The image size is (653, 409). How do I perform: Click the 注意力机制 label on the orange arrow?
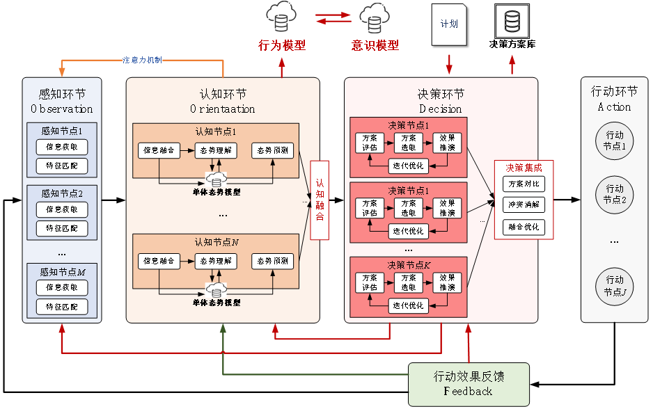[142, 61]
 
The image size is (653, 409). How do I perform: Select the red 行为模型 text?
[282, 45]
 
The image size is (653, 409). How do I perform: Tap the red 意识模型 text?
[375, 45]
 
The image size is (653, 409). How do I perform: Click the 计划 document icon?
[449, 24]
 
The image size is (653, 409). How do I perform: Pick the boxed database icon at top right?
[512, 22]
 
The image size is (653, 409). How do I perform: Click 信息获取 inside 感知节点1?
[62, 147]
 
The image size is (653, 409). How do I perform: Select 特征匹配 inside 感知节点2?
[62, 228]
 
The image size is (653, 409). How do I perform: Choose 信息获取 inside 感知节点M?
[62, 287]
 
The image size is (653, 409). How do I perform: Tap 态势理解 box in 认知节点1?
[216, 150]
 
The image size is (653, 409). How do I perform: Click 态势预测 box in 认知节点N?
[273, 262]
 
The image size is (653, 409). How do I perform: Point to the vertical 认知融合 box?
[320, 200]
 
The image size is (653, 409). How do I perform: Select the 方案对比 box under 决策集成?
[524, 184]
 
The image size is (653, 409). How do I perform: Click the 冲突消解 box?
[524, 205]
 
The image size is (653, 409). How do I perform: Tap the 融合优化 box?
[524, 227]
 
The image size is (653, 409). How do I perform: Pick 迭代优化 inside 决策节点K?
[408, 306]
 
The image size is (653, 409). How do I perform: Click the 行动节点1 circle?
[615, 141]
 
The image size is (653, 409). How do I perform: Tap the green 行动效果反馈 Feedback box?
[468, 384]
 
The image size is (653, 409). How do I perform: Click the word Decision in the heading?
[441, 109]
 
